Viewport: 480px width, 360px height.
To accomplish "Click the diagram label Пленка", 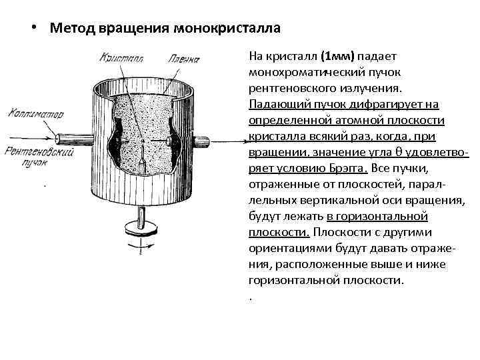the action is [185, 59].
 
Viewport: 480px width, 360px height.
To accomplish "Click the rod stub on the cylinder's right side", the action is [201, 141].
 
